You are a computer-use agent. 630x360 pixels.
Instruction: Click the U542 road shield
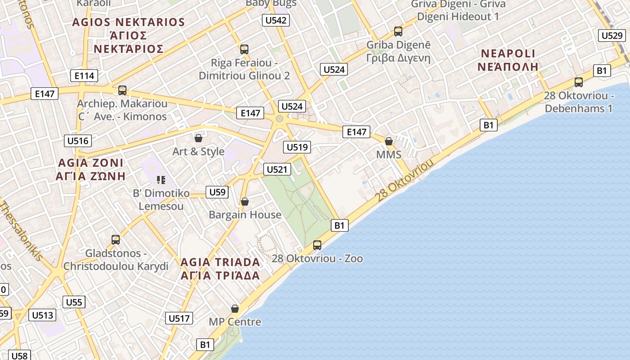(276, 20)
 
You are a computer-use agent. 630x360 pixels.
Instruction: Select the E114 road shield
(84, 76)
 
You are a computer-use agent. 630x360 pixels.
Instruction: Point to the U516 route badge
(78, 141)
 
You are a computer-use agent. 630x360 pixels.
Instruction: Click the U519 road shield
(297, 147)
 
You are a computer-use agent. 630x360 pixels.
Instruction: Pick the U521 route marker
(277, 169)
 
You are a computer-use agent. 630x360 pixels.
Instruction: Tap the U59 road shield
(217, 192)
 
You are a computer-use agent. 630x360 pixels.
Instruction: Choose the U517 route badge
(179, 318)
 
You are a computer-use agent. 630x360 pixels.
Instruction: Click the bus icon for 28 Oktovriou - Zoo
(317, 245)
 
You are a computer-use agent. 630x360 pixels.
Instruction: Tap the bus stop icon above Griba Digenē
(398, 31)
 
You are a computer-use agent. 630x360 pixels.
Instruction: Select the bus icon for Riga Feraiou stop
(244, 49)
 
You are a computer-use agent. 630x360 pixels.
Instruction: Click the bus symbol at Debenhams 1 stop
(579, 82)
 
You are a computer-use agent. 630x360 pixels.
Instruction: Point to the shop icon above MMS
(389, 142)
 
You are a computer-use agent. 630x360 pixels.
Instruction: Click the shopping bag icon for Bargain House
(245, 202)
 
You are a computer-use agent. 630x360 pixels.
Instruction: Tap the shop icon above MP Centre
(235, 309)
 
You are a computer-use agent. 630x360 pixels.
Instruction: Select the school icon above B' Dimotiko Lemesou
(161, 180)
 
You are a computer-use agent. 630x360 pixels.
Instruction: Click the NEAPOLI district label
(508, 54)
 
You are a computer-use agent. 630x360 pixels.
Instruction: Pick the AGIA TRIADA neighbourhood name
(220, 262)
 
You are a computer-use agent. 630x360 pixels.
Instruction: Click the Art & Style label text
(198, 152)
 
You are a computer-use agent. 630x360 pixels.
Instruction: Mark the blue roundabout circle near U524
(279, 119)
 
